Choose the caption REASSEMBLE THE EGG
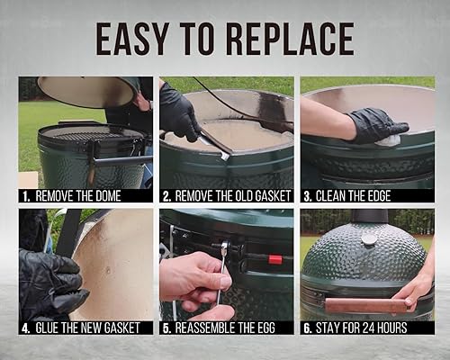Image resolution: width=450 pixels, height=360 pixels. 228,328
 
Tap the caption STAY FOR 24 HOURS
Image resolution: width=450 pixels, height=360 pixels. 369,328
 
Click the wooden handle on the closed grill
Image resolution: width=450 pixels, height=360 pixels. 351,305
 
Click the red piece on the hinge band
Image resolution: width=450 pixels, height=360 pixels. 274,260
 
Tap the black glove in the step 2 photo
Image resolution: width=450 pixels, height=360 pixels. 180,112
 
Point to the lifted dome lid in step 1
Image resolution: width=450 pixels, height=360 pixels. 85,91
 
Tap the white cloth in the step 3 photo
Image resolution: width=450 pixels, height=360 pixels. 390,140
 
